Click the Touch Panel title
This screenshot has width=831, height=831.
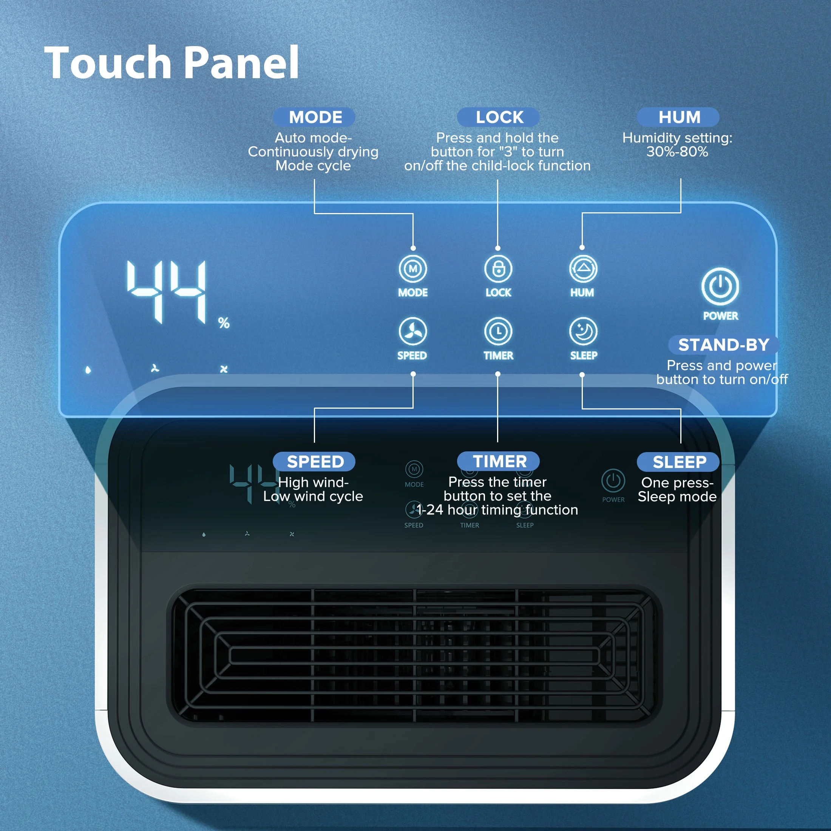(x=171, y=63)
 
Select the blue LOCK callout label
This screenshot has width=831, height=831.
(x=499, y=117)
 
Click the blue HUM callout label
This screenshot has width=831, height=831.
(x=679, y=117)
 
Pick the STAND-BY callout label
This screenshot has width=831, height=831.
(x=723, y=344)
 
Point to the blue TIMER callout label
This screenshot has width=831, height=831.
(x=499, y=462)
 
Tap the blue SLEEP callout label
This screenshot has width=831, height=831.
(x=679, y=462)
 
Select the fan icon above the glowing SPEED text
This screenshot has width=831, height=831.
(x=412, y=332)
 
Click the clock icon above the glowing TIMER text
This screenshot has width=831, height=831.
(x=498, y=332)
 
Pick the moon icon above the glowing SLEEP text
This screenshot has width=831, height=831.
(x=583, y=332)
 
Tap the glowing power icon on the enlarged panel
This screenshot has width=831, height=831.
(x=720, y=286)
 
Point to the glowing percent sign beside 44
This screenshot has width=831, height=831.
(x=224, y=323)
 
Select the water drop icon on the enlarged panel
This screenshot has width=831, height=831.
(x=88, y=370)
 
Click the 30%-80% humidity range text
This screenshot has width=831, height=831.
(x=677, y=152)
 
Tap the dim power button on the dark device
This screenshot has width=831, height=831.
(x=613, y=481)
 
